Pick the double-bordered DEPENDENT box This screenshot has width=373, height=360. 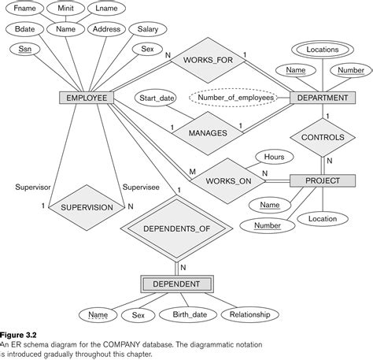(x=176, y=284)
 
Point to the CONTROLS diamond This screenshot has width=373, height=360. (x=323, y=137)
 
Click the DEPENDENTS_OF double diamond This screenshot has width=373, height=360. (x=176, y=229)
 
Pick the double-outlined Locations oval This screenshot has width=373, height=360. (x=323, y=49)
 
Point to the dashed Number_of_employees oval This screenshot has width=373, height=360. (x=237, y=98)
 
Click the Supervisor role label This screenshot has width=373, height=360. (x=31, y=187)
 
